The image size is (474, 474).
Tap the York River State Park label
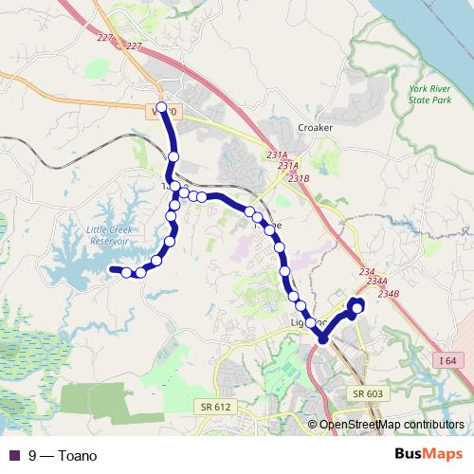[431, 92]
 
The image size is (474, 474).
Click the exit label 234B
[390, 293]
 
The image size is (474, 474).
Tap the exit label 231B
[300, 177]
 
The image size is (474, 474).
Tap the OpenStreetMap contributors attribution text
[392, 425]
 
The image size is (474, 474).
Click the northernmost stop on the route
[161, 108]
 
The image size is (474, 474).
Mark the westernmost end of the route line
[112, 270]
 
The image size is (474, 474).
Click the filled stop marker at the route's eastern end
[357, 305]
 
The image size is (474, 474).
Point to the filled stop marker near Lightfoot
[323, 338]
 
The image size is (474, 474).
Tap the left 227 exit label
[104, 39]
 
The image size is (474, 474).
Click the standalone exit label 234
[367, 272]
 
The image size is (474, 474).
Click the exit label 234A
[377, 282]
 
